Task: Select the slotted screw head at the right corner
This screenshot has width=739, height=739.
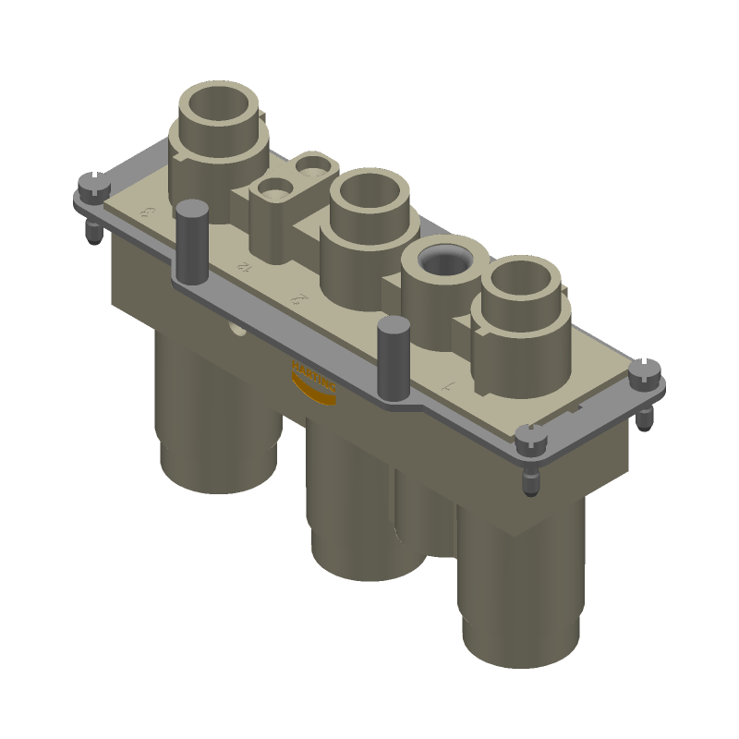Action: click(x=644, y=372)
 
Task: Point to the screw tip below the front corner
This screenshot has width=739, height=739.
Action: click(x=529, y=483)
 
